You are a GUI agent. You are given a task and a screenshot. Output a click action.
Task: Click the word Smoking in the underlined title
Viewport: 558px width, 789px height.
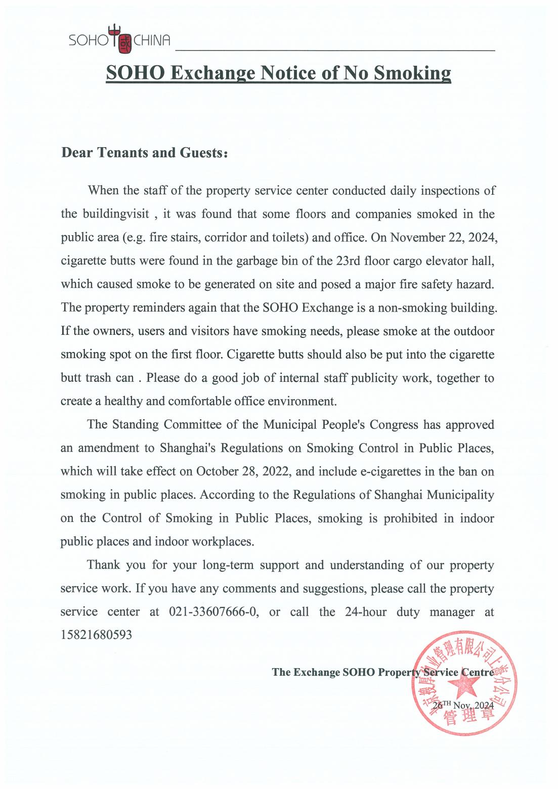pyautogui.click(x=412, y=73)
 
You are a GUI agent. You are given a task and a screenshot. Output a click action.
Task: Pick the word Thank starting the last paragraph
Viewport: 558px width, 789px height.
pyautogui.click(x=103, y=565)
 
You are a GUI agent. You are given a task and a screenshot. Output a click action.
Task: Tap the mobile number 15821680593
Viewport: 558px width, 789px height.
pyautogui.click(x=96, y=635)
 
